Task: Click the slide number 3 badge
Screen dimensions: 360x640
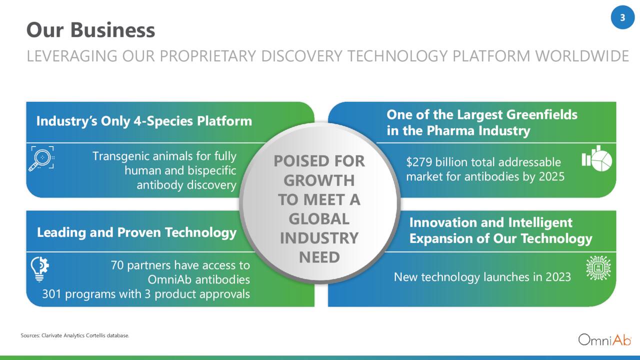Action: [x=622, y=17]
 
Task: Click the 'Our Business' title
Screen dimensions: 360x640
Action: [x=90, y=30]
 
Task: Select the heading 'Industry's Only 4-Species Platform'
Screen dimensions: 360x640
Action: [x=144, y=121]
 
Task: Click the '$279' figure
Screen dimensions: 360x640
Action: [x=419, y=162]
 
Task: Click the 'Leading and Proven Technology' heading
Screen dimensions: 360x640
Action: [x=136, y=232]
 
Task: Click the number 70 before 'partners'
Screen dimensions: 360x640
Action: [x=117, y=265]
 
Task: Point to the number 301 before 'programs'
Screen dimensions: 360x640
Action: [x=52, y=294]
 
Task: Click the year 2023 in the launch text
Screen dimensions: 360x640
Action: [x=558, y=277]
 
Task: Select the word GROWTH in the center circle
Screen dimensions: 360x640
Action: [x=319, y=180]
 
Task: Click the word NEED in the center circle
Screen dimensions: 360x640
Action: [x=319, y=257]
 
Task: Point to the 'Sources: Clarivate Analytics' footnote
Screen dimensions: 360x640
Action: [x=75, y=335]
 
